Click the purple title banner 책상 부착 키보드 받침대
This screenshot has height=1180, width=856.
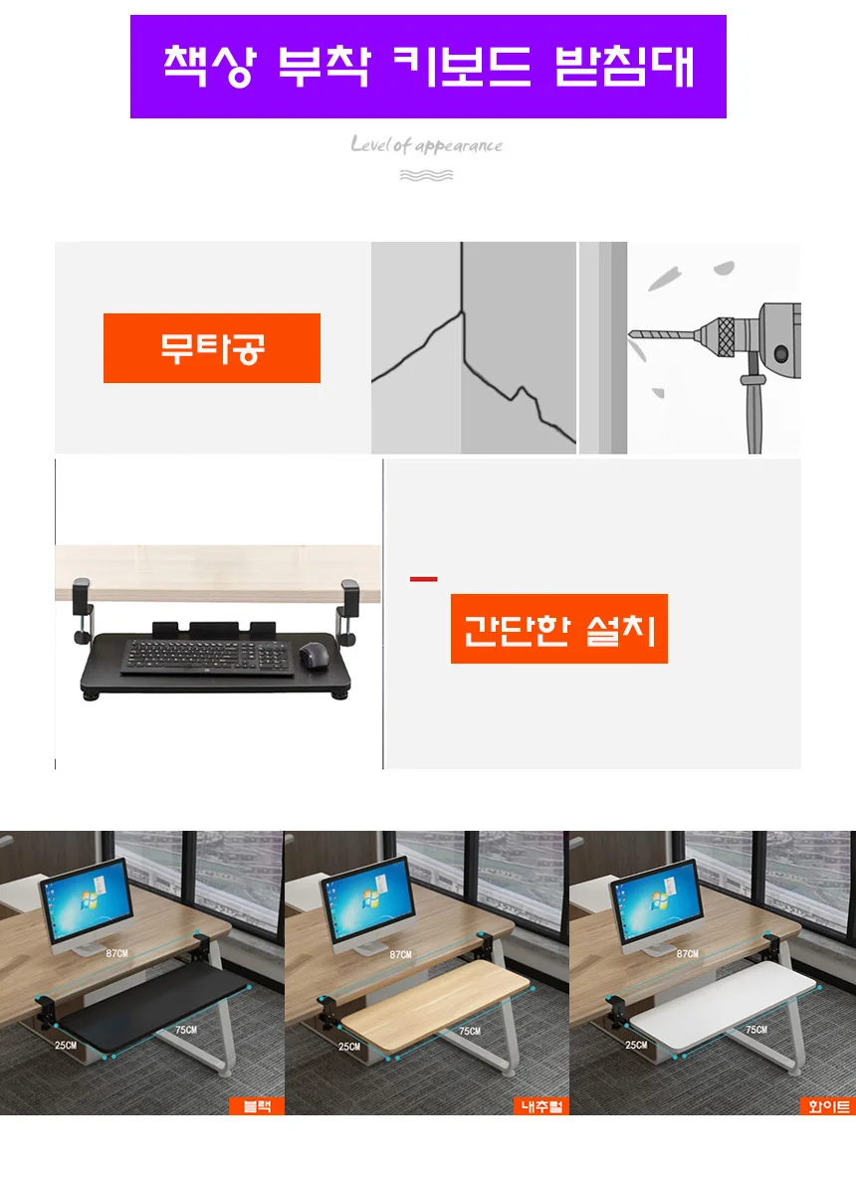(428, 67)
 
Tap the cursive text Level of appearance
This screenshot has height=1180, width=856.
(426, 143)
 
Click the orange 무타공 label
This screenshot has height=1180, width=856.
(212, 347)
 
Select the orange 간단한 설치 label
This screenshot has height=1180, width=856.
(558, 629)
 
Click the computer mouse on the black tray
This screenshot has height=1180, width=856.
(315, 657)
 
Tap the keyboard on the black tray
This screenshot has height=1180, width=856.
(208, 657)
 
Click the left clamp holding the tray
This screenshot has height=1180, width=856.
(83, 611)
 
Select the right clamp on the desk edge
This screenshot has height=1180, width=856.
(347, 612)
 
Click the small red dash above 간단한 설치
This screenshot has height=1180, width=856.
(423, 579)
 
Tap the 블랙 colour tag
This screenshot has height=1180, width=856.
(257, 1105)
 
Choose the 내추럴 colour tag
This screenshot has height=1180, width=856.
(541, 1105)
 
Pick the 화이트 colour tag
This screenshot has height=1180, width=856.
(827, 1105)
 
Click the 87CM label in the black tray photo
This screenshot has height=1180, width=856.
(116, 953)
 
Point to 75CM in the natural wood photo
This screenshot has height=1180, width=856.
(470, 1030)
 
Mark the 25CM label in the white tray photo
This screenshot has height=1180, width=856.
(636, 1045)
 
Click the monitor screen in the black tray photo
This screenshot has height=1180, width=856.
(87, 900)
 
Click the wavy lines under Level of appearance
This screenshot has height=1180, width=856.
(426, 175)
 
